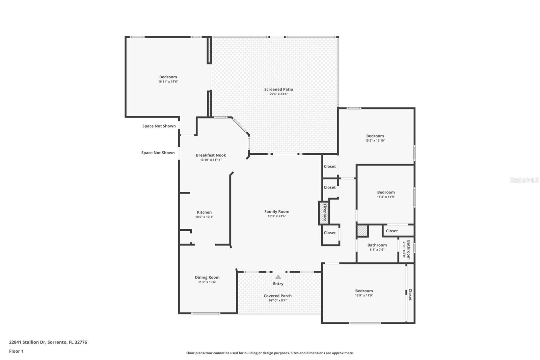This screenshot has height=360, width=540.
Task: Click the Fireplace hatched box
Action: tap(323, 213)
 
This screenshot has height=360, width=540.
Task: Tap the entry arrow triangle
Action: tap(278, 277)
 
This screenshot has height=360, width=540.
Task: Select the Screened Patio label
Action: tap(278, 89)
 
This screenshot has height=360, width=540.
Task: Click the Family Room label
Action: tap(277, 212)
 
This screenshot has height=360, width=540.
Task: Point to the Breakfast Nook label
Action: tap(211, 155)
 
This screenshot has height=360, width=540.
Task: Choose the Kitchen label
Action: tap(204, 212)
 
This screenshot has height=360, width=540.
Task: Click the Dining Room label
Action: tap(207, 278)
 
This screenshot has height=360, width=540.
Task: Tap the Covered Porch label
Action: tap(277, 296)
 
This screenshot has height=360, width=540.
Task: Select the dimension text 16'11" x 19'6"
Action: tap(168, 82)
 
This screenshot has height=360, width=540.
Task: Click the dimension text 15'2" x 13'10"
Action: tap(375, 140)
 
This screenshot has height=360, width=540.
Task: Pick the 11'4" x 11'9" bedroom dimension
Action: tap(386, 197)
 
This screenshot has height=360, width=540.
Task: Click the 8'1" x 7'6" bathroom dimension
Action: tap(377, 250)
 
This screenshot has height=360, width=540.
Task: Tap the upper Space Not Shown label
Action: tap(159, 126)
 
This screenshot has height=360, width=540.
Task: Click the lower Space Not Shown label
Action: tap(158, 153)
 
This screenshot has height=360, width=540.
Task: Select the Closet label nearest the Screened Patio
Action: tap(330, 166)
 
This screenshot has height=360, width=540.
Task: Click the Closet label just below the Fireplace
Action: tap(330, 233)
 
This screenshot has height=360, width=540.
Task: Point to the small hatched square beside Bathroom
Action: tap(362, 231)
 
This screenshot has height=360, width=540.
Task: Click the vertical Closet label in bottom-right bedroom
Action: tap(410, 294)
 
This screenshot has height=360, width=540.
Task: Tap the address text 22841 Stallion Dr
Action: tap(48, 342)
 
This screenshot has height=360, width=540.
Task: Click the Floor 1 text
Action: tap(16, 351)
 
